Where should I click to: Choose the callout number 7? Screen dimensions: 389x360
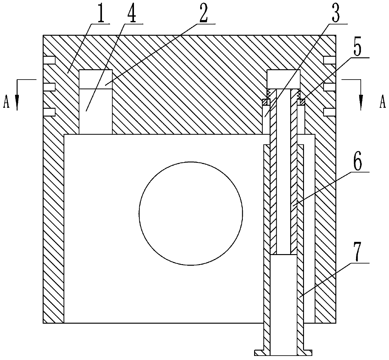tap(358, 252)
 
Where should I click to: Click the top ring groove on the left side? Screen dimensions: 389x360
tap(49, 60)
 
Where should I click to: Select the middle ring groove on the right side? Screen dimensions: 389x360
tap(330, 87)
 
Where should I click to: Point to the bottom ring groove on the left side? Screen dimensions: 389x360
tap(49, 112)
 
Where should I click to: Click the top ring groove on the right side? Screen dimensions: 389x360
tap(330, 60)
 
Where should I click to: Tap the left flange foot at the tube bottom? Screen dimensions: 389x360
tap(259, 353)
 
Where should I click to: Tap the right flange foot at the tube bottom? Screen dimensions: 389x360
tap(307, 353)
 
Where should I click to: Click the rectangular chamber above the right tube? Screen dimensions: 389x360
tap(283, 79)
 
